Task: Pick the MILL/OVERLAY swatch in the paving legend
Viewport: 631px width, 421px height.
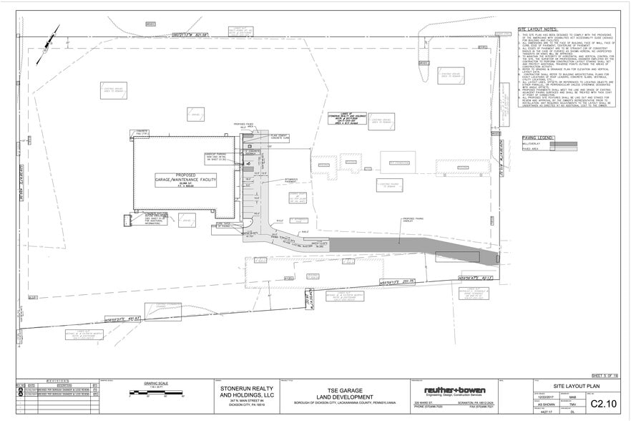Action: click(x=564, y=143)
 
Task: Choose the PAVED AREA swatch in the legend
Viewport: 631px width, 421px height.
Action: click(x=564, y=150)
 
